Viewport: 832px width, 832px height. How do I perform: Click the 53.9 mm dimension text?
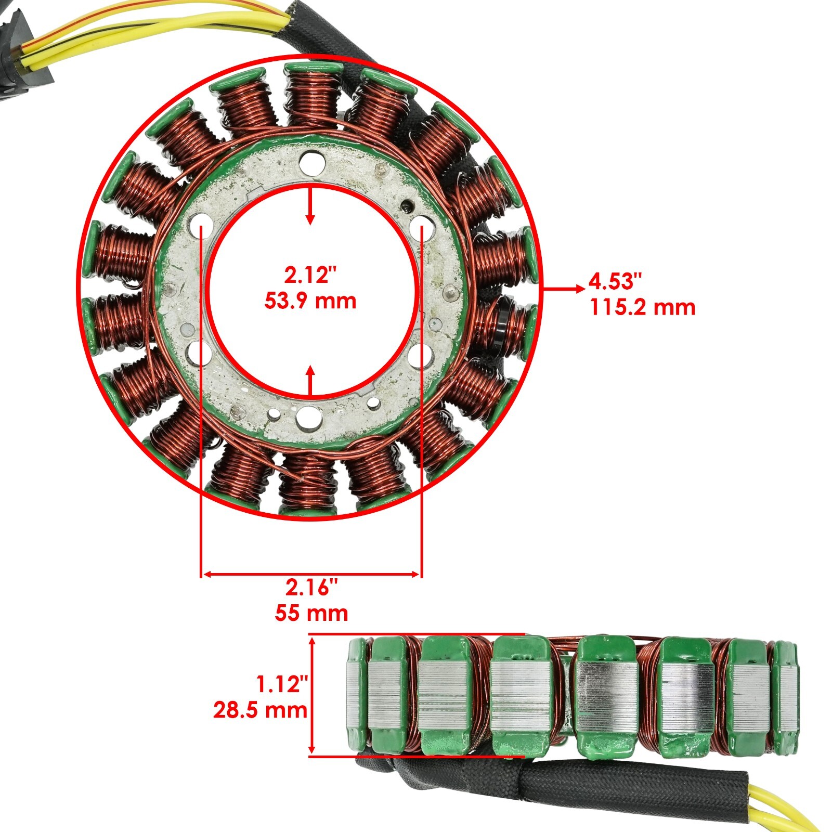coord(310,301)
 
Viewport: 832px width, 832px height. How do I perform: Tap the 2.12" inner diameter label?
coord(310,275)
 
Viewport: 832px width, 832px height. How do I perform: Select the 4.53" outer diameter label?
coord(616,281)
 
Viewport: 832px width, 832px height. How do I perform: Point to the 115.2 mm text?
coord(642,307)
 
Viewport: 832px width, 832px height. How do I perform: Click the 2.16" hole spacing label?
coord(311,588)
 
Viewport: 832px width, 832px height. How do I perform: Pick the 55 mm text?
coord(311,613)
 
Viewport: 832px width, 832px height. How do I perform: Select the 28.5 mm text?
coord(260,710)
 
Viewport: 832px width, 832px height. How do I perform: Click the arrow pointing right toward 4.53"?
coord(564,289)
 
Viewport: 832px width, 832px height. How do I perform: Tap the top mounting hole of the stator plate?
coord(311,160)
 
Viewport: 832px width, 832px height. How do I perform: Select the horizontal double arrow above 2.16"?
coord(311,574)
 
